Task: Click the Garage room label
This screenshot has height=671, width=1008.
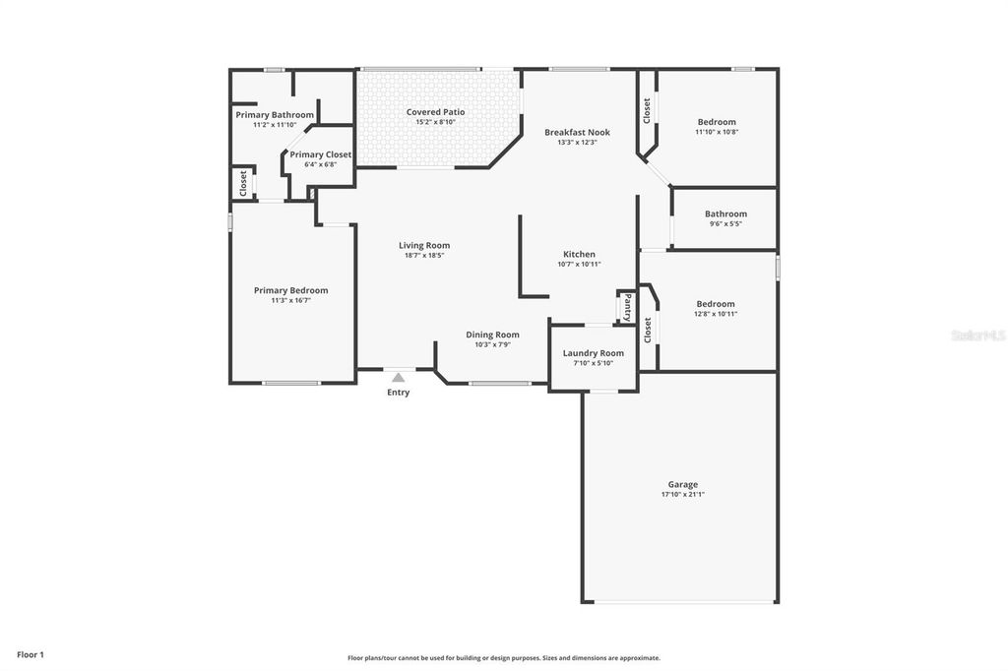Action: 682,484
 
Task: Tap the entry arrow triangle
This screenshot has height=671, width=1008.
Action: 398,377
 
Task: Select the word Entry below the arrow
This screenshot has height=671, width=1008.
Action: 398,393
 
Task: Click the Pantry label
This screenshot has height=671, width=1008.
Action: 627,308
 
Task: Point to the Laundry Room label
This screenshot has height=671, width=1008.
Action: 593,353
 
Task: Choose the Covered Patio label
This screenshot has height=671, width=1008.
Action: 435,112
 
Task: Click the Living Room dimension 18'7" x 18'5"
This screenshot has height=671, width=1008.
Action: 424,256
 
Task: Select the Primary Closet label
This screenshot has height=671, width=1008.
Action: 320,154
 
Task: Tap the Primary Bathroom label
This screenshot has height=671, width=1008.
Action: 275,115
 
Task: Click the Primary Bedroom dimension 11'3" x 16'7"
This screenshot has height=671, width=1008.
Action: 290,301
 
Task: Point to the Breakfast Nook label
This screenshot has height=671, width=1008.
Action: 577,132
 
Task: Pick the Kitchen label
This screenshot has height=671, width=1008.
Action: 579,254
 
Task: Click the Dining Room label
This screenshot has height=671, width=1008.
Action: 492,335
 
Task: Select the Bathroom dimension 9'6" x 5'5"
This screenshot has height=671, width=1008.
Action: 725,224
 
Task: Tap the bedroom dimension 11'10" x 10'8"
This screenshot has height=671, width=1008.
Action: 717,132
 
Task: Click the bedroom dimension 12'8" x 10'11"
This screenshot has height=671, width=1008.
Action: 716,314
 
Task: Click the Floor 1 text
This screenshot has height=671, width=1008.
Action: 31,654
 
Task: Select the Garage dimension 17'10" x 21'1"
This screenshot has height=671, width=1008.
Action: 682,495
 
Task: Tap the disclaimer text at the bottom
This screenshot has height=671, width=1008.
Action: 503,658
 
